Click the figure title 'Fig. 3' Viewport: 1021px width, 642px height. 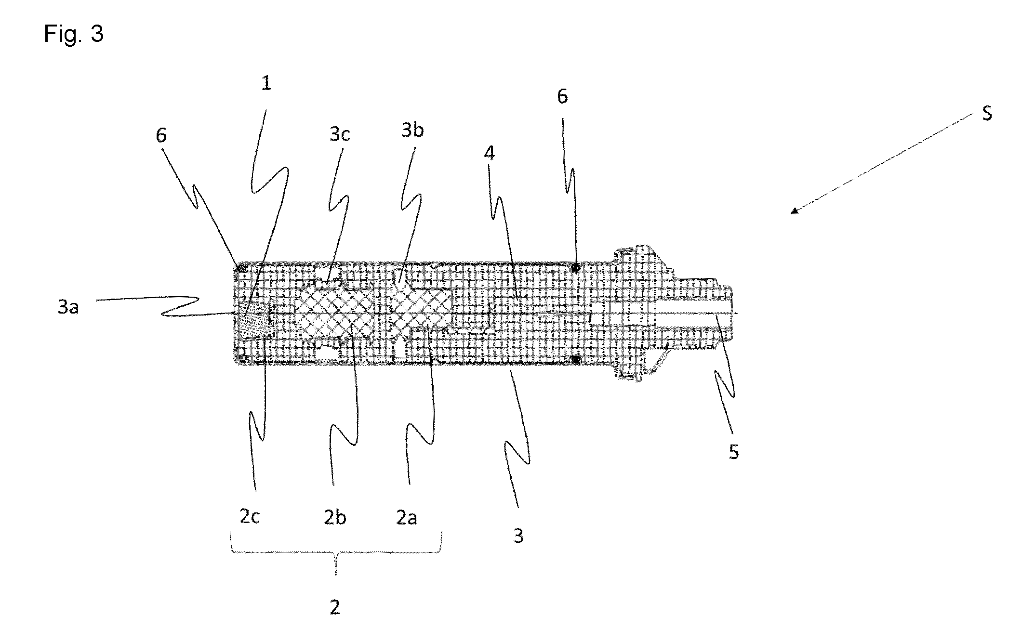[x=74, y=34]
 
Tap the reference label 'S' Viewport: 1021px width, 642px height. [x=987, y=114]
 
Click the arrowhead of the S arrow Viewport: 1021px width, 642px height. [x=795, y=210]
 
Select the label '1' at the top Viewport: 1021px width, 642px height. [x=266, y=83]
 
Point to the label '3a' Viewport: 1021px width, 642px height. [x=68, y=307]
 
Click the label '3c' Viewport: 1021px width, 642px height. [x=340, y=134]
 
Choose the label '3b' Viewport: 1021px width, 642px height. [x=413, y=130]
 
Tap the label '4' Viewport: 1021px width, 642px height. [x=489, y=153]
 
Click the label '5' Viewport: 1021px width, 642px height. [x=734, y=452]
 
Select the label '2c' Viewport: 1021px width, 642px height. [x=250, y=516]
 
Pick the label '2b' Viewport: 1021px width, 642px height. [x=335, y=517]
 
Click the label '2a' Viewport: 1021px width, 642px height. [x=406, y=517]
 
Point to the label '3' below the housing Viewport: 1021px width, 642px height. [x=518, y=536]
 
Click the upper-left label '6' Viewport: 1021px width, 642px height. [x=161, y=135]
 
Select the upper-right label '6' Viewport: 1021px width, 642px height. [x=562, y=97]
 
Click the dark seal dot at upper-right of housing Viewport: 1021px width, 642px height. [x=575, y=267]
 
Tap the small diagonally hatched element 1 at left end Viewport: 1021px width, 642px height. [x=254, y=319]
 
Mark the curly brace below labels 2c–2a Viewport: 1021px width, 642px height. [x=336, y=554]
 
